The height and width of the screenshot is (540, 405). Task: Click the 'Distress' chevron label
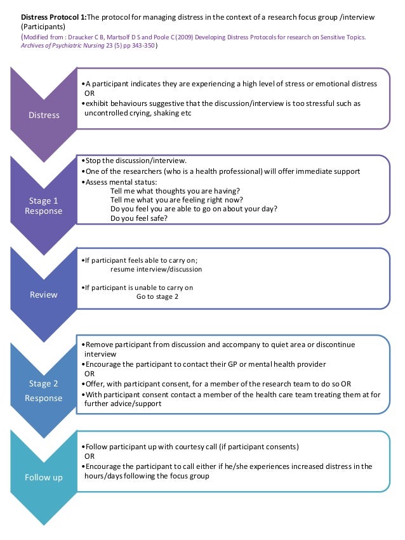[x=44, y=115]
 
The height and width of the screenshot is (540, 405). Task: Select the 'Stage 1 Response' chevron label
[x=44, y=206]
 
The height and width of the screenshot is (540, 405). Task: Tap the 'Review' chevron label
[x=44, y=294]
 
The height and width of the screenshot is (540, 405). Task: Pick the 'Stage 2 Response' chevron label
[x=44, y=391]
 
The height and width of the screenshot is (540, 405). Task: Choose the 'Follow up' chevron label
[x=44, y=477]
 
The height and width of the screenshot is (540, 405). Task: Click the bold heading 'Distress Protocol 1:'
[x=53, y=16]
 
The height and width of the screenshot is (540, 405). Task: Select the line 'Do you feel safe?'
[x=139, y=218]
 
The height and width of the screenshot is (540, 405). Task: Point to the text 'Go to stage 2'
[x=157, y=296]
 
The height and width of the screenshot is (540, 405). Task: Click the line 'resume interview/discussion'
[x=156, y=269]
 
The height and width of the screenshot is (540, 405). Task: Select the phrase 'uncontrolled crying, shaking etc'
[x=138, y=112]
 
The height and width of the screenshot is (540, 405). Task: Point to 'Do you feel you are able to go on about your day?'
[x=194, y=209]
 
